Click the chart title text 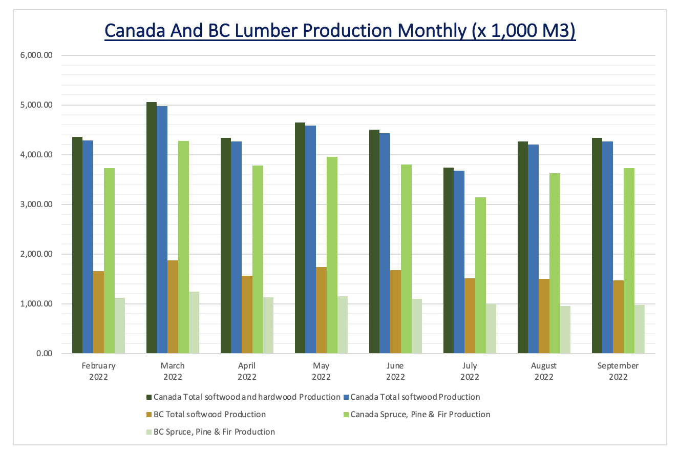[340, 30]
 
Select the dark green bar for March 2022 [152, 228]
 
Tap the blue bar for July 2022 [459, 262]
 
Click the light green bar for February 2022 [109, 261]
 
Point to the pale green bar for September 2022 [640, 329]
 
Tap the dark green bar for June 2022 [374, 241]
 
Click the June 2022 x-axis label [395, 372]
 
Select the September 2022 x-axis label [618, 372]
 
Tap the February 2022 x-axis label [98, 372]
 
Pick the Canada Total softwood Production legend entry [415, 397]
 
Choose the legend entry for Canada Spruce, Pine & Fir [420, 414]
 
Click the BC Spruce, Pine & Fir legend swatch [149, 432]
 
